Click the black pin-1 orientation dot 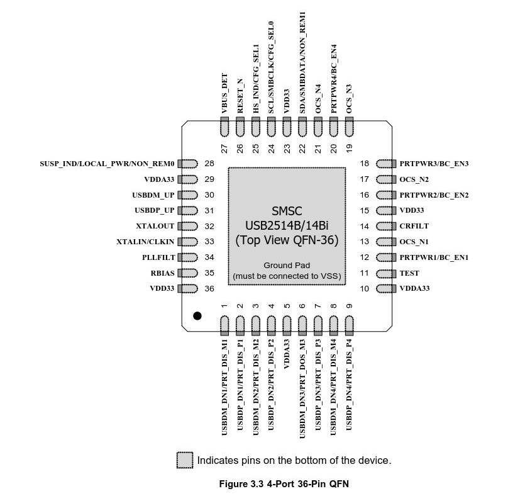tap(197, 315)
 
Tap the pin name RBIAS tap(162, 273)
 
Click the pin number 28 tap(209, 164)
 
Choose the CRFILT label tap(414, 226)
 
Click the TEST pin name tap(409, 273)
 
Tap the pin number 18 tap(365, 164)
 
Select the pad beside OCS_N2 tap(386, 179)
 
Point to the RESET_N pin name tap(240, 96)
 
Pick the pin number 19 tap(350, 149)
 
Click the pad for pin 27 tap(224, 127)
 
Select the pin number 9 tap(350, 306)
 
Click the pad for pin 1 tap(224, 325)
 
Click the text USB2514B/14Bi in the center tap(287, 225)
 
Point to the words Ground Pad tap(287, 265)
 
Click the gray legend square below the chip tap(185, 460)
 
